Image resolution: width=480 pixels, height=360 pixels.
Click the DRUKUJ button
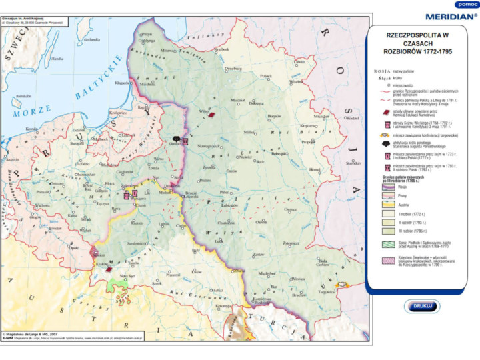tap(422, 306)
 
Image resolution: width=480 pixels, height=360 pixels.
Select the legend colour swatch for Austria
tap(385, 205)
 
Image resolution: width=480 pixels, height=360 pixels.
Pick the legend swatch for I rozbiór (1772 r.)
tap(385, 215)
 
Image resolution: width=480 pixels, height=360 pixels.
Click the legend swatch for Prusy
tap(385, 195)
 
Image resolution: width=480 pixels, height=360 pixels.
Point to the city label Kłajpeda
tap(122, 83)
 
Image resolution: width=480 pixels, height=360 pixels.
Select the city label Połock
tap(266, 76)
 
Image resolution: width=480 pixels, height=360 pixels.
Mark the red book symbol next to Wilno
tap(212, 114)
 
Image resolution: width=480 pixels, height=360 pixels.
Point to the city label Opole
tap(73, 248)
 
